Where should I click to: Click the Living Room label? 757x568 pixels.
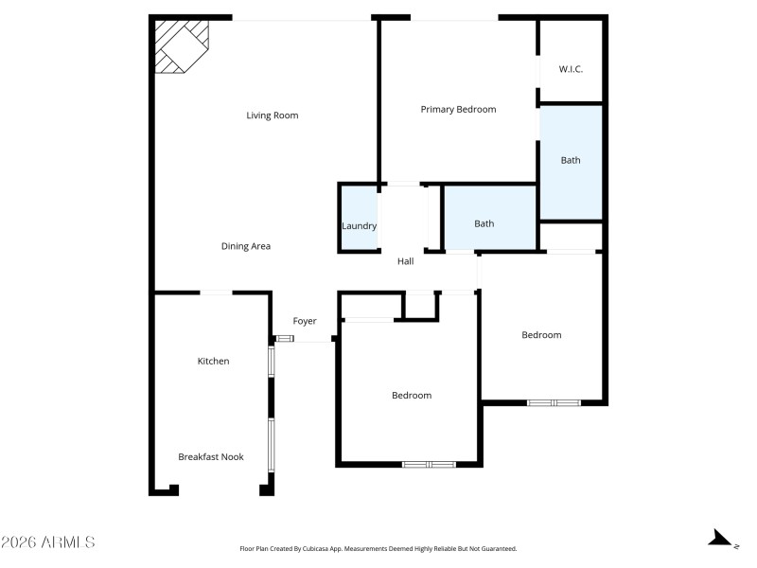coord(273,115)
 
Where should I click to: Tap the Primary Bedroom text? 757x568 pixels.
coord(458,110)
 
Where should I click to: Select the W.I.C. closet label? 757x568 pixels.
coord(571,69)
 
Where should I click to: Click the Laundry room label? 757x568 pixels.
coord(359,226)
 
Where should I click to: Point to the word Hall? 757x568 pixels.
coord(405,261)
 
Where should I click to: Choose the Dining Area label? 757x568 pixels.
coord(246,246)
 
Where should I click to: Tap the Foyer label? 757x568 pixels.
coord(305,322)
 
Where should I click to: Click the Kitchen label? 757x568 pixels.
coord(213,361)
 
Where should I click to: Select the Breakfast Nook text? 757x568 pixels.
coord(211,457)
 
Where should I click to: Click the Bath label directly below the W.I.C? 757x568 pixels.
coord(571,161)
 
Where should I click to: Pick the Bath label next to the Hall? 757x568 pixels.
coord(484,224)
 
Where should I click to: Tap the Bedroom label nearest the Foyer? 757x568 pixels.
coord(412,396)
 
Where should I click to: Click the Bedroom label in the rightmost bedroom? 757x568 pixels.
coord(541,335)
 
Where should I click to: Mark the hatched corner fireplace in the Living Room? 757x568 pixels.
coord(180,44)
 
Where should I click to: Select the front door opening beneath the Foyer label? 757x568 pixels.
coord(304,339)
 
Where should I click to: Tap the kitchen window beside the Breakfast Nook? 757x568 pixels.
coord(273,445)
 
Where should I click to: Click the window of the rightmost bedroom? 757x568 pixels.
coord(554,402)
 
